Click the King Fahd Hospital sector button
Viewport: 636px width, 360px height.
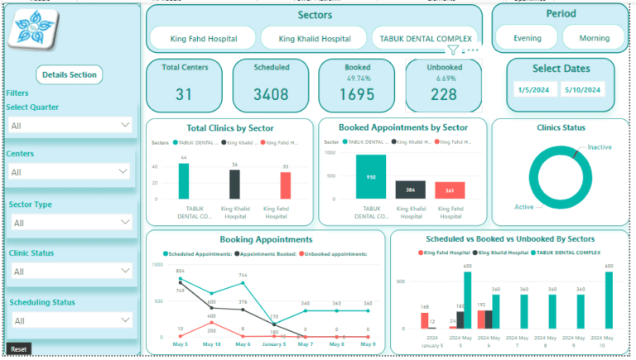(x=203, y=38)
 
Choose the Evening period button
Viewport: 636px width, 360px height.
(x=528, y=38)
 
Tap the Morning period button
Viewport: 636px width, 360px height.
(x=594, y=38)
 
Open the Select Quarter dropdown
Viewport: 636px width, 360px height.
(x=70, y=125)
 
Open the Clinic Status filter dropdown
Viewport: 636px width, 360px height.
(x=70, y=271)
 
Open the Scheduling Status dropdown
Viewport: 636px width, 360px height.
(x=70, y=320)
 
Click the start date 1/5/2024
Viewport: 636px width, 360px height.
(x=534, y=89)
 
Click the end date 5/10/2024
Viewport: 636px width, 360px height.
(x=583, y=89)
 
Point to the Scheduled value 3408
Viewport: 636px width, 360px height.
(x=271, y=94)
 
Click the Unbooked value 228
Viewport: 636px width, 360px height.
(x=443, y=94)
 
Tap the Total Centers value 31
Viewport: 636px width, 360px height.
(x=184, y=94)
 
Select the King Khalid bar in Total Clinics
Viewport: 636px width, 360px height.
(x=234, y=184)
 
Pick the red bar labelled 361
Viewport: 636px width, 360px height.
(x=449, y=190)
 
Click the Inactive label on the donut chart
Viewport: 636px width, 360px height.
(x=600, y=147)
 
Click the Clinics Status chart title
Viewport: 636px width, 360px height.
(x=561, y=127)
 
